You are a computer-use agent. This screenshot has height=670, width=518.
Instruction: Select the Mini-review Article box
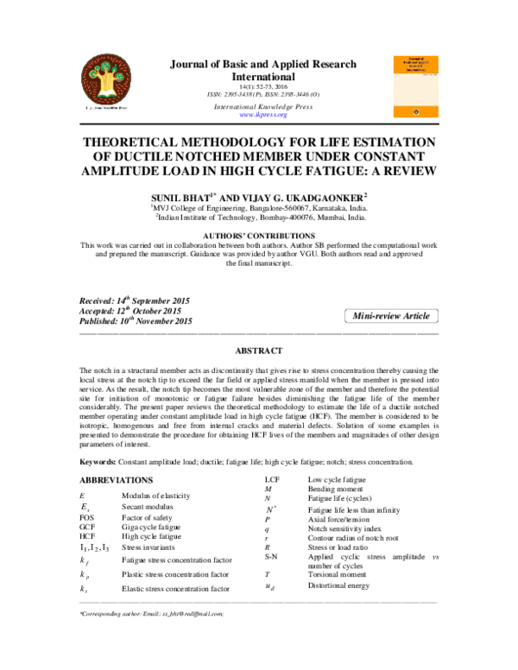coord(391,317)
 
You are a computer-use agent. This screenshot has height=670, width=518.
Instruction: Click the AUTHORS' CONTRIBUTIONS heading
coord(259,235)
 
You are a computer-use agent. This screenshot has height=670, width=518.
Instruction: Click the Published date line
coord(135,321)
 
